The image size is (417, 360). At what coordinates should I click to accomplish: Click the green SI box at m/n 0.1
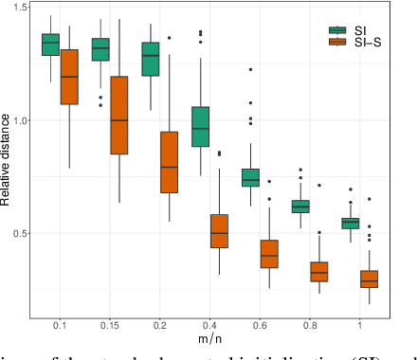[50, 45]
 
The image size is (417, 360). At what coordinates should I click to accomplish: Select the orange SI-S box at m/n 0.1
[69, 90]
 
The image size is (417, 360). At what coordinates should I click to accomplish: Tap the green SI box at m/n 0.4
[200, 126]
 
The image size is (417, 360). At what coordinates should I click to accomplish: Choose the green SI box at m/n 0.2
[150, 59]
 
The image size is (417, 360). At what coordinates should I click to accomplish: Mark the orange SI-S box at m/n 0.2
[169, 162]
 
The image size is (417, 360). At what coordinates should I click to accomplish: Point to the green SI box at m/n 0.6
[250, 177]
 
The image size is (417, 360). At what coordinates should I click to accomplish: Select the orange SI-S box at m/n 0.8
[318, 271]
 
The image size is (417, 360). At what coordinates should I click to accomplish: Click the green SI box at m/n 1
[350, 223]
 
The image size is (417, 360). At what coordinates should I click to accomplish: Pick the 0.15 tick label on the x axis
[109, 325]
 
